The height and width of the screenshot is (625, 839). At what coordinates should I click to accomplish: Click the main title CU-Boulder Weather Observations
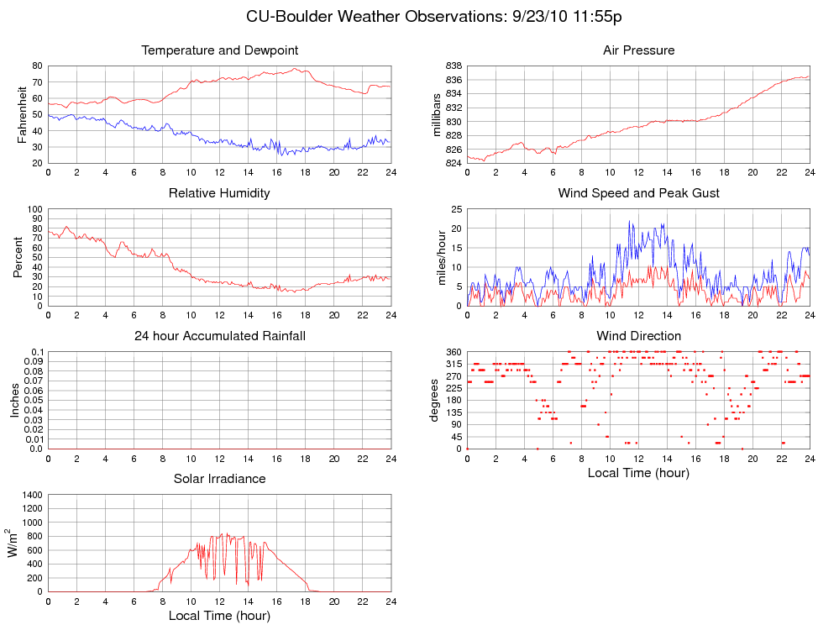point(434,16)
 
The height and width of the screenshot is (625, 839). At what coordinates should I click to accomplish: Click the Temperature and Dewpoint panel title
point(220,50)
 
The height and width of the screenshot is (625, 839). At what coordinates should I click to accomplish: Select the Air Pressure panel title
point(638,50)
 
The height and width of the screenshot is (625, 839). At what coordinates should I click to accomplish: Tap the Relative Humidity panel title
point(219,193)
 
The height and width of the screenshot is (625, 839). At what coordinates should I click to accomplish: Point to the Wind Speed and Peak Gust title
point(638,193)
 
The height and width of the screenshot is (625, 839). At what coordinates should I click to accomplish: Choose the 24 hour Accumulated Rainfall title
point(220,336)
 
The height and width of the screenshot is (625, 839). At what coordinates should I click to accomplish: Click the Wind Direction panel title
point(638,336)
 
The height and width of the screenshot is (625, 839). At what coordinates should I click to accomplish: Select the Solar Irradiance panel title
point(219,479)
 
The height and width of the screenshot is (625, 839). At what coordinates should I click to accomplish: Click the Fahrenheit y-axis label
point(23,114)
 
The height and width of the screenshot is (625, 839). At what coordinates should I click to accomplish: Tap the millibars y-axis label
point(436,114)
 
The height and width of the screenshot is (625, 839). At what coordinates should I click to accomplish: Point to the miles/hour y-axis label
point(442,257)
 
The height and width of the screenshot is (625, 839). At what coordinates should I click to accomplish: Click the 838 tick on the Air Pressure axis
point(454,66)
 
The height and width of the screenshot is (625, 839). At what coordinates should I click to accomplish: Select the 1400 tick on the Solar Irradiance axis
point(31,495)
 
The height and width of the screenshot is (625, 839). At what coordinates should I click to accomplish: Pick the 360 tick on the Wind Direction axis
point(454,352)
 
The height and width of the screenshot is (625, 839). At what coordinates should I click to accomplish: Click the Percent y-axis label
point(18,257)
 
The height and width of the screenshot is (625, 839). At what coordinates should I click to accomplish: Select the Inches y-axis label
point(14,400)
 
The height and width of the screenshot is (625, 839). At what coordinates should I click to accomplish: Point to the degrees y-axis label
point(435,400)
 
